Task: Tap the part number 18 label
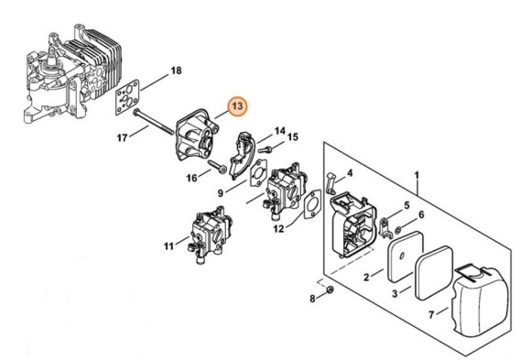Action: click(177, 71)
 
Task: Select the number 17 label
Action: click(122, 139)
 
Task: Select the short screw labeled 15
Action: click(265, 145)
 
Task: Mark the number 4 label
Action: click(350, 171)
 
